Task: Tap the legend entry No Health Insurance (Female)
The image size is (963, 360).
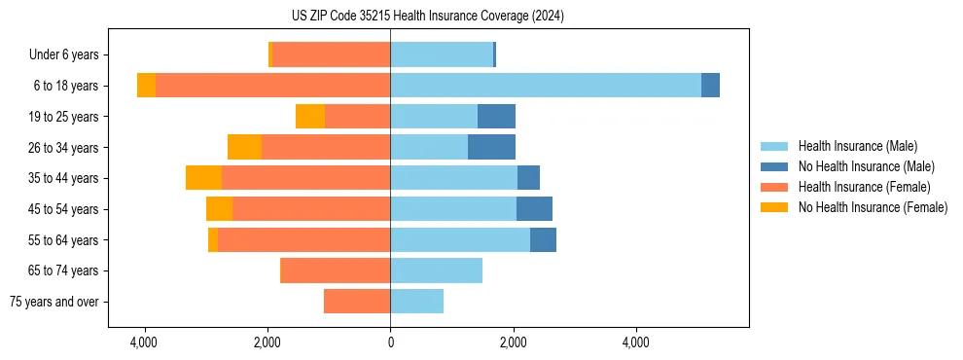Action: click(873, 207)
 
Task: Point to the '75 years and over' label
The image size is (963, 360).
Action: click(54, 302)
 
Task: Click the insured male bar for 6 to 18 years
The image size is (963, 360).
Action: click(545, 86)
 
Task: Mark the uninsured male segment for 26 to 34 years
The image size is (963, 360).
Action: click(491, 147)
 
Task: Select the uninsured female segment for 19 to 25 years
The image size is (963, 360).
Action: click(310, 117)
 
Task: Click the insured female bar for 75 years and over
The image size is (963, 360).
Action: click(357, 302)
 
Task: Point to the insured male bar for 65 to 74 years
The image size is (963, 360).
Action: click(436, 270)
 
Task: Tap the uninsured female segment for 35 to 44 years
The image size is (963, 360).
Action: click(203, 178)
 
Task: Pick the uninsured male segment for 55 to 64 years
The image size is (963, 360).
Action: click(543, 239)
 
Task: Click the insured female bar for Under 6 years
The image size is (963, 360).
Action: click(331, 55)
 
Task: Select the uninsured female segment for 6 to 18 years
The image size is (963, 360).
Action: click(146, 86)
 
